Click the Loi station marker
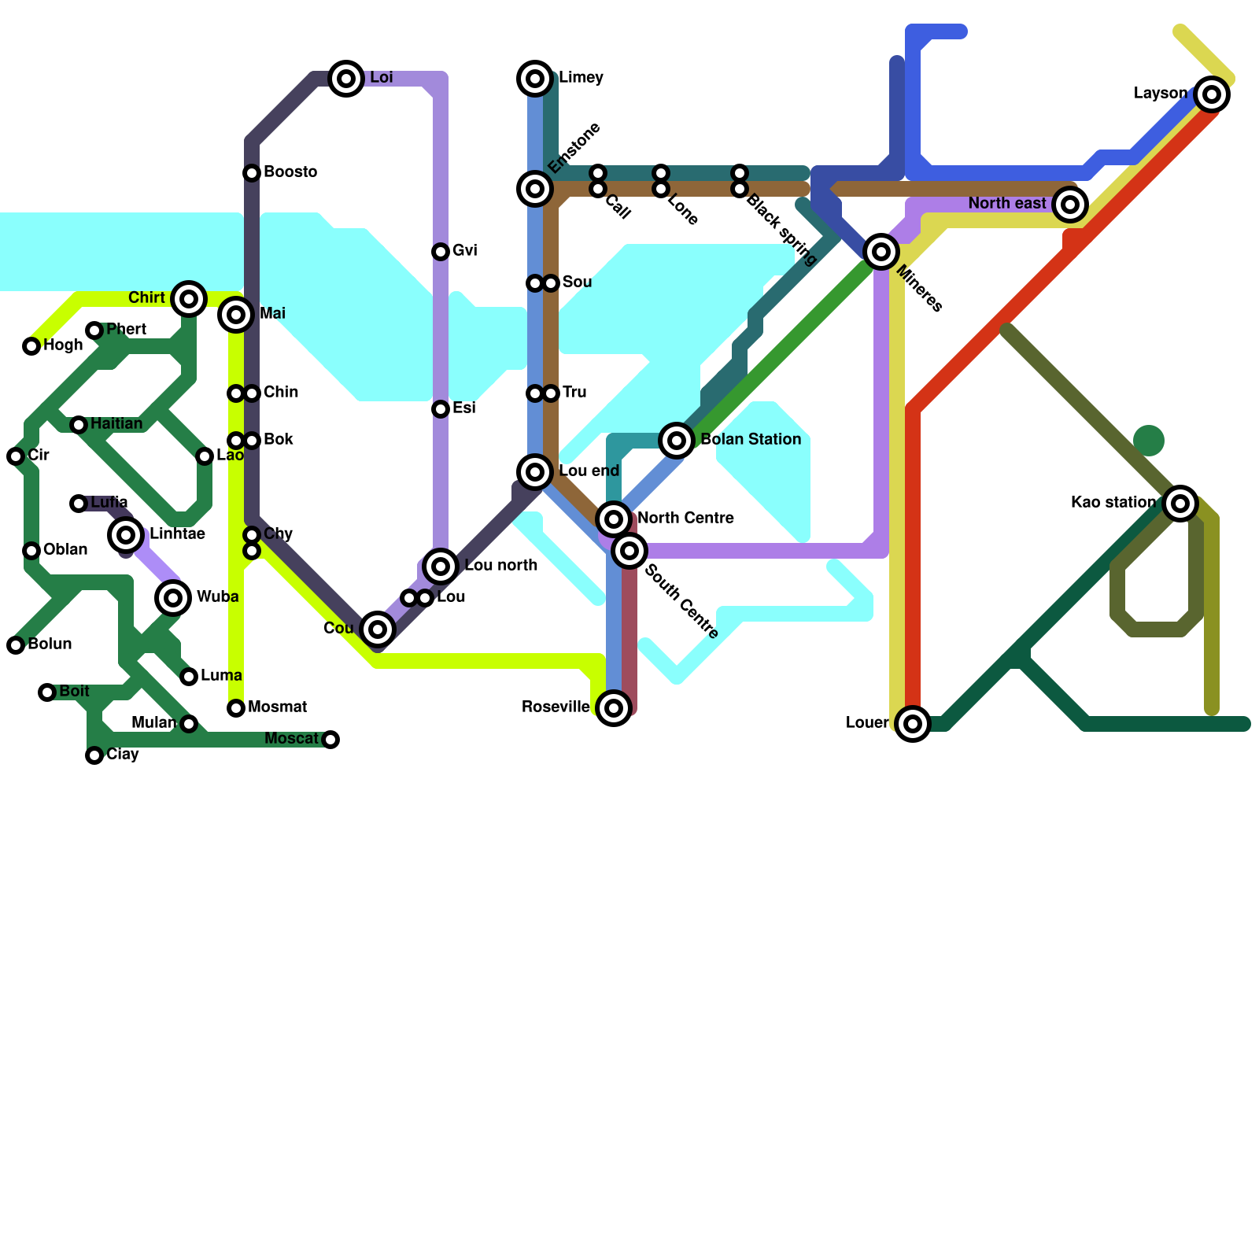(x=346, y=78)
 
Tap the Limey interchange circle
(x=535, y=78)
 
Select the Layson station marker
(x=1212, y=94)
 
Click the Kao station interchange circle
(x=1180, y=503)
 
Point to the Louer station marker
(x=913, y=723)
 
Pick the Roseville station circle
(x=614, y=707)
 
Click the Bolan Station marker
(x=677, y=440)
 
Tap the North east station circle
(x=1070, y=205)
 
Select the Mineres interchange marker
(x=881, y=252)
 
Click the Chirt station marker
(x=189, y=298)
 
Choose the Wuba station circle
(x=173, y=597)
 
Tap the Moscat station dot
(x=330, y=739)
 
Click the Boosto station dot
(x=252, y=172)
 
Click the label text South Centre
(x=681, y=602)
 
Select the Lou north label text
(x=500, y=566)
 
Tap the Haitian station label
(x=116, y=424)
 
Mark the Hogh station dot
(x=31, y=345)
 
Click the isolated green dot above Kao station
(x=1149, y=441)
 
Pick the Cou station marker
(x=378, y=629)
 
